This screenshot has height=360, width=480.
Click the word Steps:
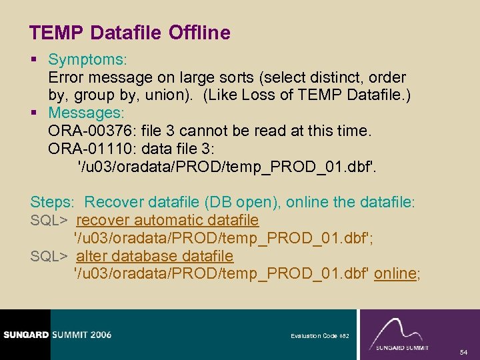(x=53, y=202)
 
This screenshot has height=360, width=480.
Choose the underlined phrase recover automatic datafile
(x=167, y=220)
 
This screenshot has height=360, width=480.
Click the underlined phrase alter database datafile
(x=155, y=256)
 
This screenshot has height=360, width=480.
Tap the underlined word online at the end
(x=395, y=273)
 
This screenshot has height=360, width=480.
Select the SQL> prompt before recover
(x=49, y=220)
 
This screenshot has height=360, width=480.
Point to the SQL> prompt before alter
(x=49, y=256)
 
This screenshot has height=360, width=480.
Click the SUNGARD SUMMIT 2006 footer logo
(x=57, y=335)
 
